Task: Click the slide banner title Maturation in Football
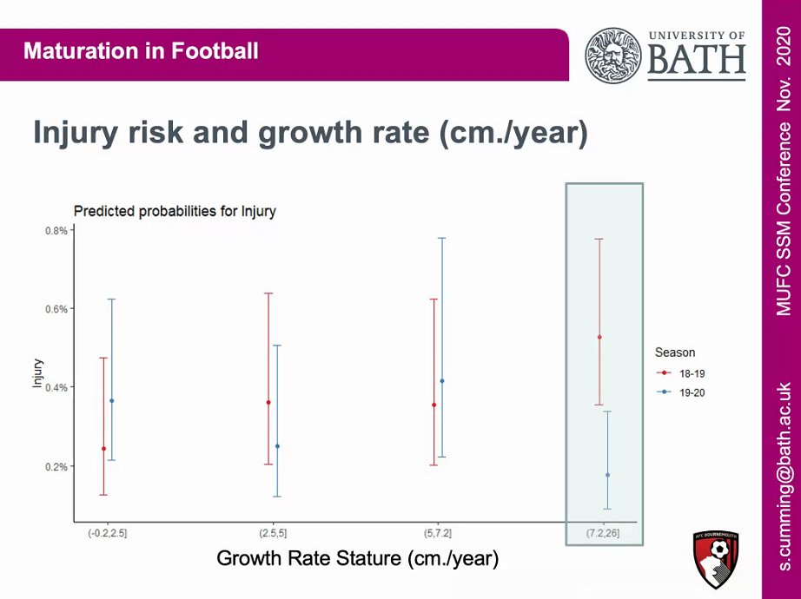[141, 50]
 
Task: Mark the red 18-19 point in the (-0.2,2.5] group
[103, 449]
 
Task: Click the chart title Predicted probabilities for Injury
[175, 211]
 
